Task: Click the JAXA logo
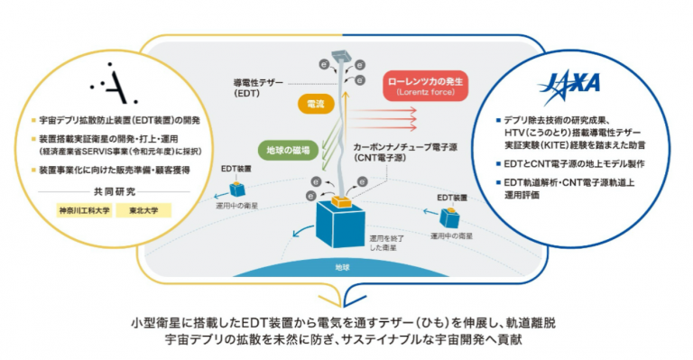tap(568, 86)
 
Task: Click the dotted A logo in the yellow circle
tap(113, 84)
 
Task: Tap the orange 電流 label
tap(316, 105)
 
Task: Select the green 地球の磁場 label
tap(288, 150)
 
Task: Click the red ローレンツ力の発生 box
tap(425, 86)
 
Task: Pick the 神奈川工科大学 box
tap(85, 210)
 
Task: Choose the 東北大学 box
tap(143, 210)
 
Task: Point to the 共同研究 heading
tap(115, 191)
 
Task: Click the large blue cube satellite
tap(340, 225)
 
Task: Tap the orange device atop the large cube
tap(342, 201)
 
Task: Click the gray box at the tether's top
tap(341, 56)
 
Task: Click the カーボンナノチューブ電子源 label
tap(405, 152)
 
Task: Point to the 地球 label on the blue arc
tap(342, 267)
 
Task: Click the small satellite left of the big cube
tap(237, 189)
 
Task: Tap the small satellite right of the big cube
tap(449, 217)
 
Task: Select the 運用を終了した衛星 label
tap(387, 243)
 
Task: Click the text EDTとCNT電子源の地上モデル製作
tap(574, 164)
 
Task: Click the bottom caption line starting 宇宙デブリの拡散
tap(344, 340)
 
